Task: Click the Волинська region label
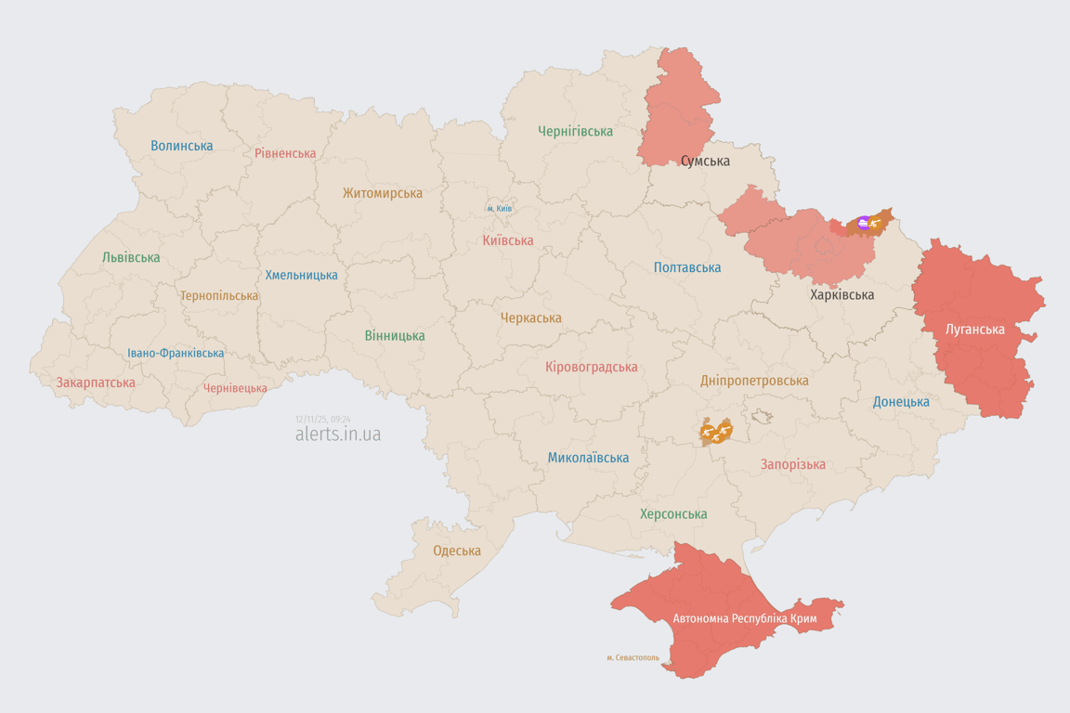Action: [182, 146]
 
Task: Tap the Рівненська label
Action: [285, 153]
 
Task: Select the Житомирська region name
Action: [382, 193]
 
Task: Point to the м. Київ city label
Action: [500, 209]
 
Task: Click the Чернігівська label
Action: [575, 131]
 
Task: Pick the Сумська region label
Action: [705, 161]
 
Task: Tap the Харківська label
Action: [842, 294]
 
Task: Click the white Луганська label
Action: [974, 329]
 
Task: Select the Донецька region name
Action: [901, 402]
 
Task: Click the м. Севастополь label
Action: [633, 657]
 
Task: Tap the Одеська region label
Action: [457, 551]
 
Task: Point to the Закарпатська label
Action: [96, 382]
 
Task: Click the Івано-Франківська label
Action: [176, 353]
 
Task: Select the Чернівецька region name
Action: [235, 388]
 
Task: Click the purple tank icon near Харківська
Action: [864, 222]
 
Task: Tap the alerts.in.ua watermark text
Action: [337, 434]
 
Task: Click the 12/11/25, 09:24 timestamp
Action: [323, 420]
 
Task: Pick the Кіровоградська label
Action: [592, 367]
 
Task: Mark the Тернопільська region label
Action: [219, 295]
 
